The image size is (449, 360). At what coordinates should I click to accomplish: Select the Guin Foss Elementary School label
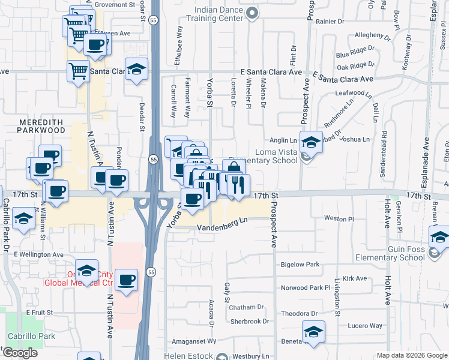[x=390, y=253]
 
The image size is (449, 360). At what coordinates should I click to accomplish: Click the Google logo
[x=20, y=353]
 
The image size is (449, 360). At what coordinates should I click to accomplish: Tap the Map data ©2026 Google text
[x=411, y=355]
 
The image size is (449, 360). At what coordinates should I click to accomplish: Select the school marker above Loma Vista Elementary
[x=311, y=142]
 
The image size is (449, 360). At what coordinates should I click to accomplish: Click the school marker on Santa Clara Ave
[x=137, y=69]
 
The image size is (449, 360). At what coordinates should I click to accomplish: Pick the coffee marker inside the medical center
[x=126, y=280]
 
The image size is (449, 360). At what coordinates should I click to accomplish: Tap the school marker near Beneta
[x=313, y=332]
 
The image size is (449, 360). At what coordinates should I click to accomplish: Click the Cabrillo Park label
[x=31, y=336]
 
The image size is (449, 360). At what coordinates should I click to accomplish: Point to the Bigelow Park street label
[x=300, y=265]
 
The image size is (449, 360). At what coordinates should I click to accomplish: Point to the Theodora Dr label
[x=299, y=313]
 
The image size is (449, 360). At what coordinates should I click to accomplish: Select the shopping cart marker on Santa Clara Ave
[x=78, y=70]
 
